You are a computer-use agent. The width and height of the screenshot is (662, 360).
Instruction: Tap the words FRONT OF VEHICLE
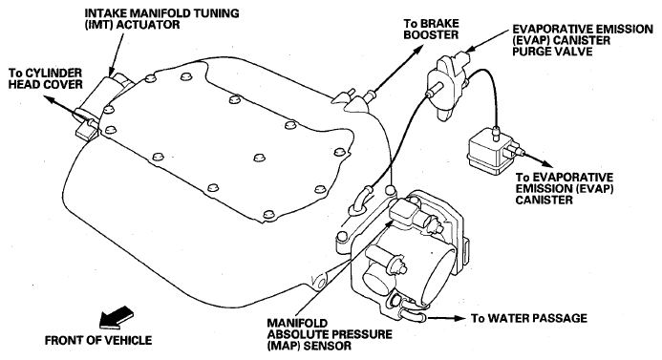pyautogui.click(x=98, y=340)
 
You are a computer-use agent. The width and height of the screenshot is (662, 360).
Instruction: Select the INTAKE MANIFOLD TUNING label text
pyautogui.click(x=161, y=13)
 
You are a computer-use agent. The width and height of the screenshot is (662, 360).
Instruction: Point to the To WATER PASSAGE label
pyautogui.click(x=529, y=318)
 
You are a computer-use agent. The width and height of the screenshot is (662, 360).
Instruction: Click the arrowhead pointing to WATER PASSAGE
pyautogui.click(x=459, y=318)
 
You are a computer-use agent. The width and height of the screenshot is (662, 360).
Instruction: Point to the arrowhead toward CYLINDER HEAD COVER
pyautogui.click(x=50, y=100)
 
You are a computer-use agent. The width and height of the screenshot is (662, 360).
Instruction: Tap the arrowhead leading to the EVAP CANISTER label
pyautogui.click(x=546, y=163)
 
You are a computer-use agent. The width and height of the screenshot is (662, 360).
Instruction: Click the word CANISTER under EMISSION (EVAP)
pyautogui.click(x=544, y=200)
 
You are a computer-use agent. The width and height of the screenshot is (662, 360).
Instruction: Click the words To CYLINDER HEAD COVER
pyautogui.click(x=46, y=79)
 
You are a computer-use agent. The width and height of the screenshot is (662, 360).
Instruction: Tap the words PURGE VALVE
pyautogui.click(x=553, y=52)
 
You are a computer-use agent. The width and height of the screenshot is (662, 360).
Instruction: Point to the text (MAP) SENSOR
pyautogui.click(x=310, y=346)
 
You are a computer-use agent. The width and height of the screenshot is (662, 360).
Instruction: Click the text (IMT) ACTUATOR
pyautogui.click(x=132, y=25)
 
